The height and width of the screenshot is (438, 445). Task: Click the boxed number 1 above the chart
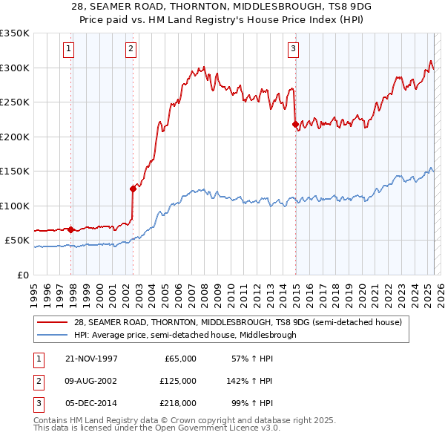coord(67,50)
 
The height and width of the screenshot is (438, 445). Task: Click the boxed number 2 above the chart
coord(131,50)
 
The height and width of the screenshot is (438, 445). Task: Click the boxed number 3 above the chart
coord(293,50)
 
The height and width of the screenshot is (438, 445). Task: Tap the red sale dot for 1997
coord(71,229)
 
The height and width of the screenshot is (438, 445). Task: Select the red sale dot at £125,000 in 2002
coord(133,188)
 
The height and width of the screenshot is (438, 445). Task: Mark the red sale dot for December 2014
coord(295,124)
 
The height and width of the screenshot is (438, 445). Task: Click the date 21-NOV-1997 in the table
coord(92,359)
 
